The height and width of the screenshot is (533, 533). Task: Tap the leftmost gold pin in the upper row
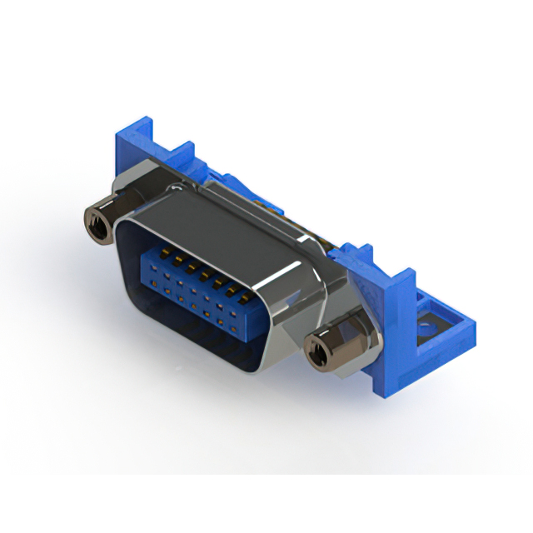[x=162, y=250]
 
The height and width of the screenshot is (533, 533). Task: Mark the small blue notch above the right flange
[x=363, y=247]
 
